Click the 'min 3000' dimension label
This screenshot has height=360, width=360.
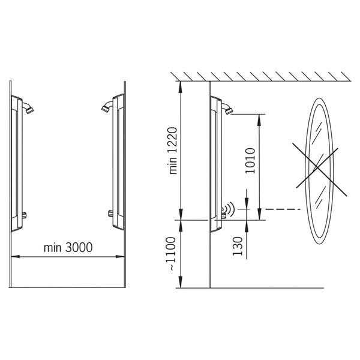pos(68,247)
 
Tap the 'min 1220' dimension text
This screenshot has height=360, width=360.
pos(173,151)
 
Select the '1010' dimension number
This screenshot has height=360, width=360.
pos(250,161)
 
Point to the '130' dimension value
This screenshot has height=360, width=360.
pos(238,246)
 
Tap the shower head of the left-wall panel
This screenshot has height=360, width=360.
pos(28,108)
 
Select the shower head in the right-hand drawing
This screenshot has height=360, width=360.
pos(227,109)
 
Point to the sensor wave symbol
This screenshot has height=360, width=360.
pos(230,209)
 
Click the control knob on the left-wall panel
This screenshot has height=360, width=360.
pos(24,215)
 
